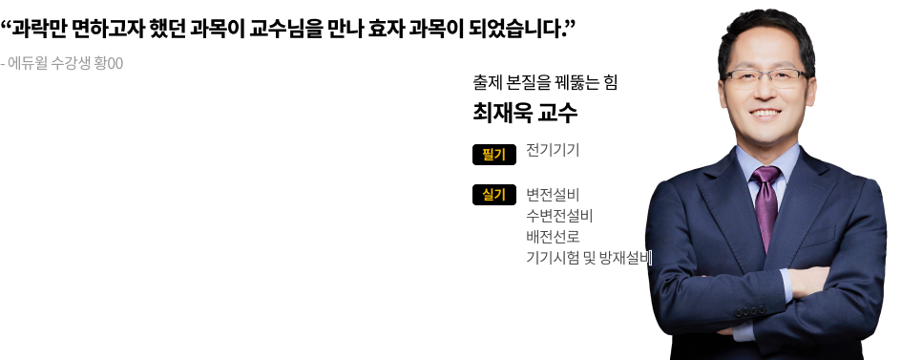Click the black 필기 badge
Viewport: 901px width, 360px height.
[x=494, y=155]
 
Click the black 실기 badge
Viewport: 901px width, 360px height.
[x=494, y=195]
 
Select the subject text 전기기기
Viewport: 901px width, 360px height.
[x=553, y=151]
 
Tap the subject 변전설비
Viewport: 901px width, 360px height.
[x=553, y=195]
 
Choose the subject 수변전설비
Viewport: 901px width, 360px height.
[x=559, y=216]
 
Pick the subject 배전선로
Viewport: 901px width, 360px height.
[x=553, y=237]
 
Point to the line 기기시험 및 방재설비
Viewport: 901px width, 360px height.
[x=589, y=258]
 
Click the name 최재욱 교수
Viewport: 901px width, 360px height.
[x=525, y=113]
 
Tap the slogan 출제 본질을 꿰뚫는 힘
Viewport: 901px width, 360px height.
[x=545, y=83]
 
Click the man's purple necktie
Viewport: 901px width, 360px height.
[x=766, y=204]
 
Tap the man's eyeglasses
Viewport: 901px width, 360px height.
[x=766, y=78]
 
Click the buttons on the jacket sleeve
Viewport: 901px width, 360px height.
[x=750, y=311]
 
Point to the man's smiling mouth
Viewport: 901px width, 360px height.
[x=765, y=114]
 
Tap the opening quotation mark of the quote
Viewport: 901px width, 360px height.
[x=7, y=25]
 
